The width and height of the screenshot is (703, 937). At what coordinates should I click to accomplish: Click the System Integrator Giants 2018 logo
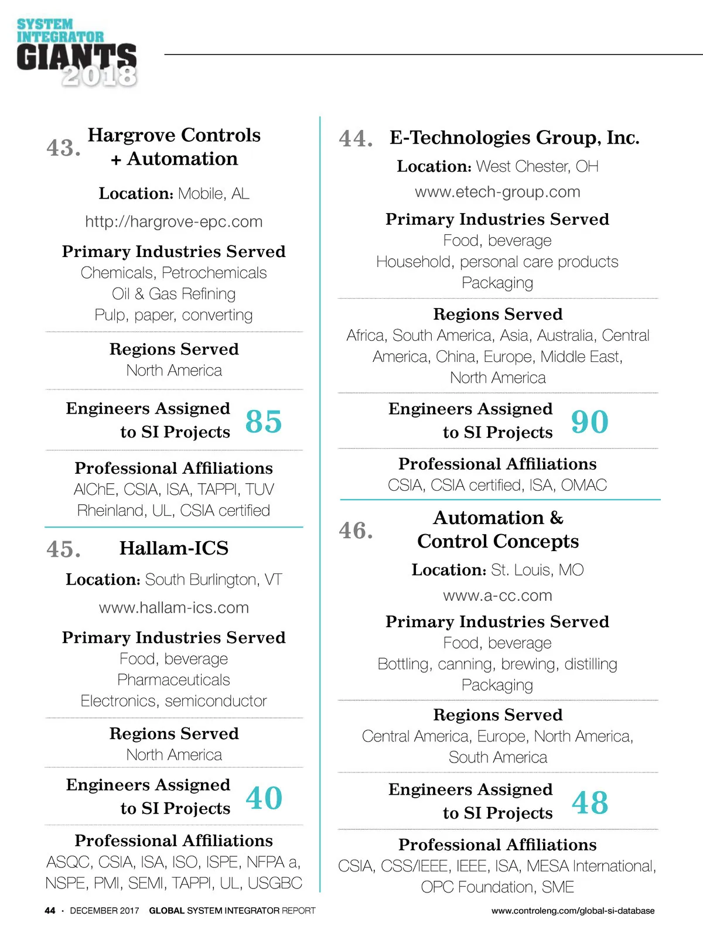(77, 53)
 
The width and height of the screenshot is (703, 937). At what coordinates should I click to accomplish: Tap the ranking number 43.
(63, 148)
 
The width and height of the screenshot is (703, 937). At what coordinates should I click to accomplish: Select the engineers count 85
(264, 421)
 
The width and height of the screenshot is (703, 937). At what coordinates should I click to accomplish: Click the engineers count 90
(589, 421)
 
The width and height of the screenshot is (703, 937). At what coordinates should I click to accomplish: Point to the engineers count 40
(264, 798)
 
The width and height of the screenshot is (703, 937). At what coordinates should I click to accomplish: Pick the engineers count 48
(589, 802)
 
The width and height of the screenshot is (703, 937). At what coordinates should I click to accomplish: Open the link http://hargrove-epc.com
(174, 222)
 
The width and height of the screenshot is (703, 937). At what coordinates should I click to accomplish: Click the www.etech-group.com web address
(497, 192)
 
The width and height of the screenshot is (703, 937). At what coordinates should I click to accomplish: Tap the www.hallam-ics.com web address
(174, 608)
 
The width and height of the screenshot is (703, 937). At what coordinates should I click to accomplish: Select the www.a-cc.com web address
(497, 596)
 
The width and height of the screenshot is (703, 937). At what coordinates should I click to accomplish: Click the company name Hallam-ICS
(174, 548)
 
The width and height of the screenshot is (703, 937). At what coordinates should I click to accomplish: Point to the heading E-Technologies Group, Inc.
(514, 138)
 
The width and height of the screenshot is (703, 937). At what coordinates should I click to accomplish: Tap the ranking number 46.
(356, 531)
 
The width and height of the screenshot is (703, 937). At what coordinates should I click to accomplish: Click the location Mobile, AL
(214, 194)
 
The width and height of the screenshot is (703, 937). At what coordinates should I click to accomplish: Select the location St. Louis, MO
(537, 570)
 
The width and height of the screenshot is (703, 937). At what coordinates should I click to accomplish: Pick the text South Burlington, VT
(213, 580)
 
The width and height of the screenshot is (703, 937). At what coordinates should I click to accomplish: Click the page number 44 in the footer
(50, 911)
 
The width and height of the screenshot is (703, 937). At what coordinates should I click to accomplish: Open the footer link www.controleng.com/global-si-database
(573, 911)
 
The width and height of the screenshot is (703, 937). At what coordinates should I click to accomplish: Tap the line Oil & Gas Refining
(174, 294)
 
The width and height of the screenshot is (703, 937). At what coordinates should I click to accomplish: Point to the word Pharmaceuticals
(174, 680)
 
